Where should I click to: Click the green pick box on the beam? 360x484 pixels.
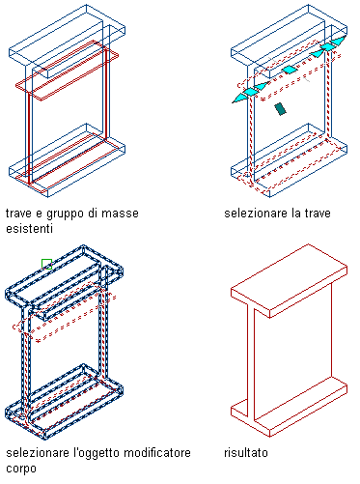tap(46, 264)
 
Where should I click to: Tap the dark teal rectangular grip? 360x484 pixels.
tap(281, 109)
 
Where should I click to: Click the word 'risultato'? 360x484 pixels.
tap(246, 453)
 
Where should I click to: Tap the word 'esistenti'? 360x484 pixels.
tap(29, 229)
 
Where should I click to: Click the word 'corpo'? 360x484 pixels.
tap(21, 470)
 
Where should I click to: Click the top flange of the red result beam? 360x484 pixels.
tap(290, 280)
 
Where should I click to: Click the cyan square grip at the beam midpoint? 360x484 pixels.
tap(290, 70)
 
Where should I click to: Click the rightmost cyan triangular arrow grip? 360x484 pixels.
tap(339, 41)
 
